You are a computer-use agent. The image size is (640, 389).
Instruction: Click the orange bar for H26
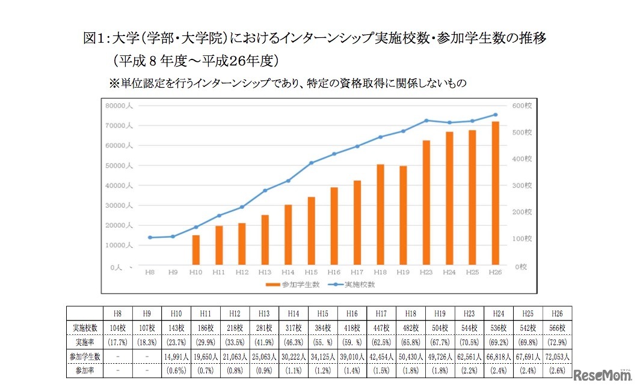[495, 193]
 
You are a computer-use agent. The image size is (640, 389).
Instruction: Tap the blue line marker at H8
[150, 238]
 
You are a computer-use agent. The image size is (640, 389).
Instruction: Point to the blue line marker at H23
[426, 121]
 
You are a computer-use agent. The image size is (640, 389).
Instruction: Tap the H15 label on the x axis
[311, 272]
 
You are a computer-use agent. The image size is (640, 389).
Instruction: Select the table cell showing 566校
[557, 328]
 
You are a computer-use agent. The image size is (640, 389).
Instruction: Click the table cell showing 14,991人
[177, 357]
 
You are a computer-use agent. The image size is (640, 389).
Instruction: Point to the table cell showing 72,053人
[557, 357]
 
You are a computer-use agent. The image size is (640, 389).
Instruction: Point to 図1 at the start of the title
[93, 40]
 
